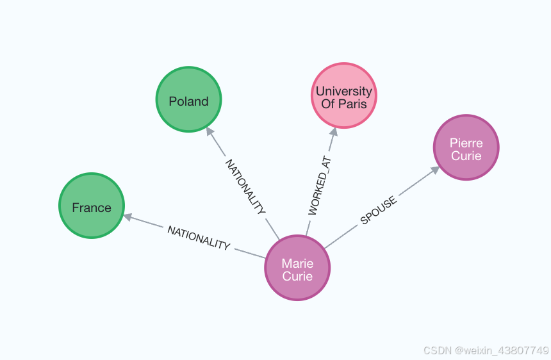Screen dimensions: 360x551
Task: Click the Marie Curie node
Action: pos(297,268)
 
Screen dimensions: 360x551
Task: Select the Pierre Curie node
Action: pos(466,148)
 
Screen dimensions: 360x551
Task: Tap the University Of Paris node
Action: pos(343,96)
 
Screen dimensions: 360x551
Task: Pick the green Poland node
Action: pos(188,99)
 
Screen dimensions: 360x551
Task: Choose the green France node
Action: pos(92,206)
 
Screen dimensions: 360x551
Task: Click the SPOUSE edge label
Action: pos(378,211)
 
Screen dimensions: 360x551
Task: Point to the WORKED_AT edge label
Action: pos(322,184)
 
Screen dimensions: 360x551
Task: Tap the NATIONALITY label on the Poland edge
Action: pos(245,186)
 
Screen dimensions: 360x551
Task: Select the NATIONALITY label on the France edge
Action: pos(199,238)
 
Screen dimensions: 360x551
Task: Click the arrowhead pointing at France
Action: pos(127,217)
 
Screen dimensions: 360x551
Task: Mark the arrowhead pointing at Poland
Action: pos(209,131)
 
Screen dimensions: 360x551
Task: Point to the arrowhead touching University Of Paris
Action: pos(333,131)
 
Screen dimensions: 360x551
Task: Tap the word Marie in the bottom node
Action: pos(297,263)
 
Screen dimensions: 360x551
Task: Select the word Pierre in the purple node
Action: pos(466,143)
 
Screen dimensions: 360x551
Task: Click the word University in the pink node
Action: pos(343,92)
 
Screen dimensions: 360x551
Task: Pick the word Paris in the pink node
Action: pos(352,103)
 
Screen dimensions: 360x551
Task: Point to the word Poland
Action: pos(188,101)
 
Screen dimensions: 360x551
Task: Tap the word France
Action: pos(92,208)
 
